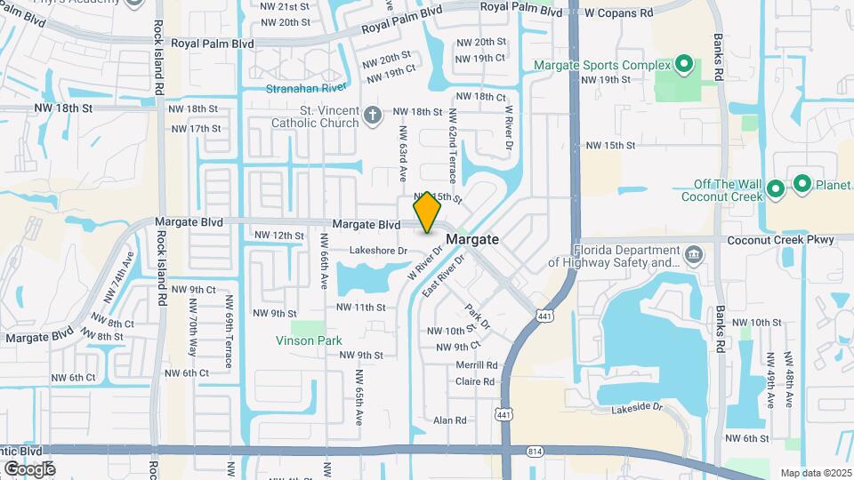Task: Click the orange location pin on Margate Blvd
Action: (x=427, y=212)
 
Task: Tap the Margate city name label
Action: (x=471, y=240)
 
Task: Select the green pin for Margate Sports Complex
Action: (x=683, y=64)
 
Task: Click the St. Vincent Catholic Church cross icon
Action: (x=374, y=114)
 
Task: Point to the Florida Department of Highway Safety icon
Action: (x=694, y=257)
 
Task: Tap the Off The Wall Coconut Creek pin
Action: (x=775, y=188)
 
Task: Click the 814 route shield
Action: (x=535, y=452)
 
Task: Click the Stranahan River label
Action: (x=306, y=88)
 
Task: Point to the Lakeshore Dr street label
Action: (x=377, y=251)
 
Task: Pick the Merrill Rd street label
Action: (x=477, y=365)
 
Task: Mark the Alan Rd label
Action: (x=449, y=420)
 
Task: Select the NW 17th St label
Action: (x=194, y=129)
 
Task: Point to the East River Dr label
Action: (x=445, y=276)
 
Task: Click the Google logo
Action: (x=29, y=468)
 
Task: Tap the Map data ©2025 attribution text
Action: (x=814, y=473)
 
